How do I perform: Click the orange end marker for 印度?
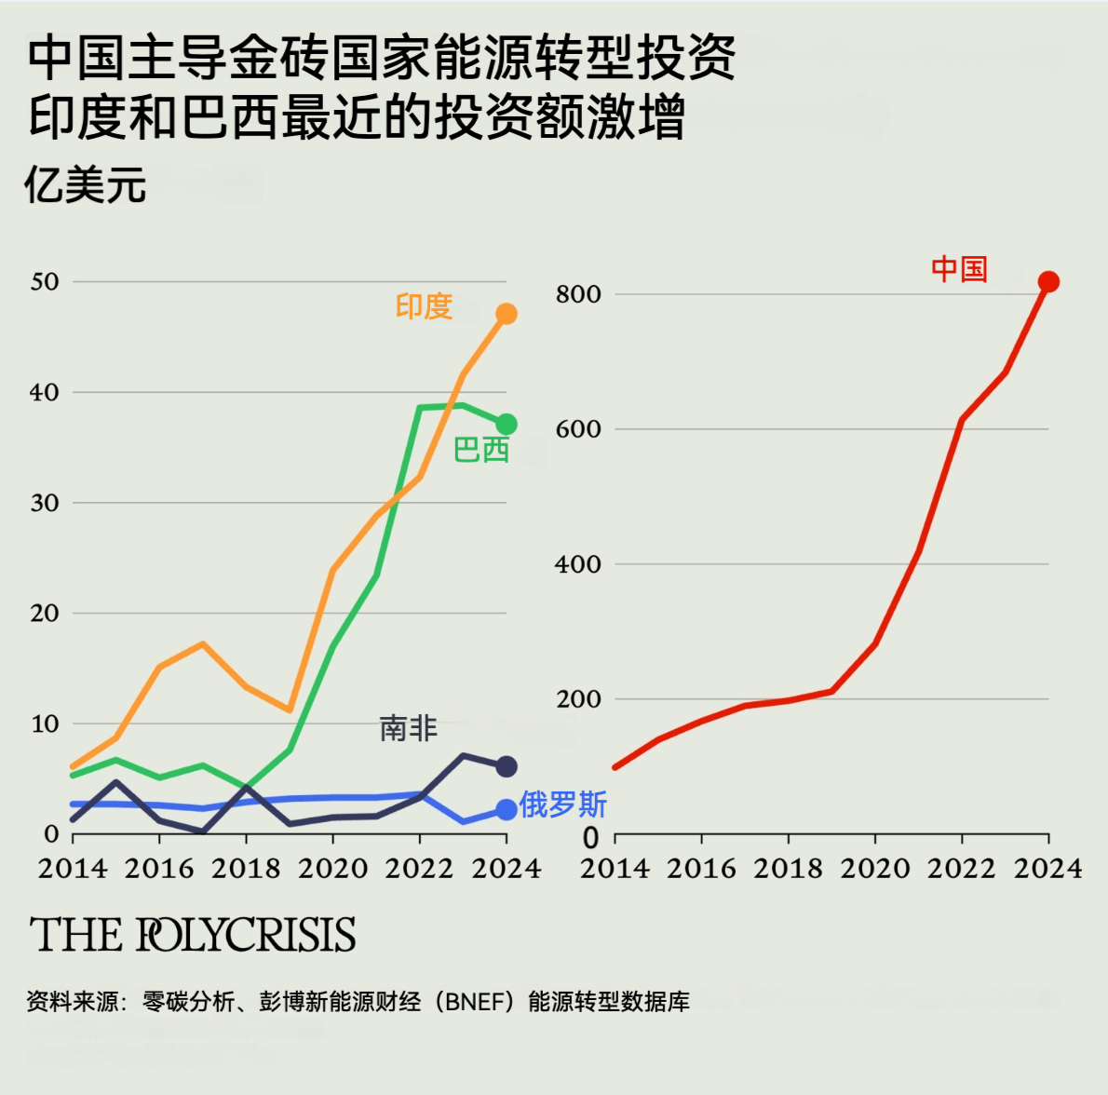(x=506, y=314)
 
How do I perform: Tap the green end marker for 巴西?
(x=506, y=425)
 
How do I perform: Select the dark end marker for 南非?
(x=506, y=766)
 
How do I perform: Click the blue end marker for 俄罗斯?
(x=506, y=810)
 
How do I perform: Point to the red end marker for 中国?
(x=1048, y=282)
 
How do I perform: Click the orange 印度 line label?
(x=424, y=306)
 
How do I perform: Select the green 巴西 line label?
(x=480, y=451)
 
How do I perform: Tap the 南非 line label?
(x=408, y=728)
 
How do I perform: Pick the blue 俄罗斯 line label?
(x=563, y=804)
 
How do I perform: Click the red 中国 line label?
(x=959, y=270)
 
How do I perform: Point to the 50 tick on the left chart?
(x=45, y=281)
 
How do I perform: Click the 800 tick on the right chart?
(x=578, y=294)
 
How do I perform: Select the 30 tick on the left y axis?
(x=45, y=503)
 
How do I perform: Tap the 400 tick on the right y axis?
(x=578, y=564)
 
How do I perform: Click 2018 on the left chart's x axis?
(x=246, y=869)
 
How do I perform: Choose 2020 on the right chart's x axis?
(x=875, y=869)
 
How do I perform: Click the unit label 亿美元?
(x=86, y=185)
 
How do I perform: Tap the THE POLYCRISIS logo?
(x=193, y=935)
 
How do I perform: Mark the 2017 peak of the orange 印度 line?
(x=203, y=643)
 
